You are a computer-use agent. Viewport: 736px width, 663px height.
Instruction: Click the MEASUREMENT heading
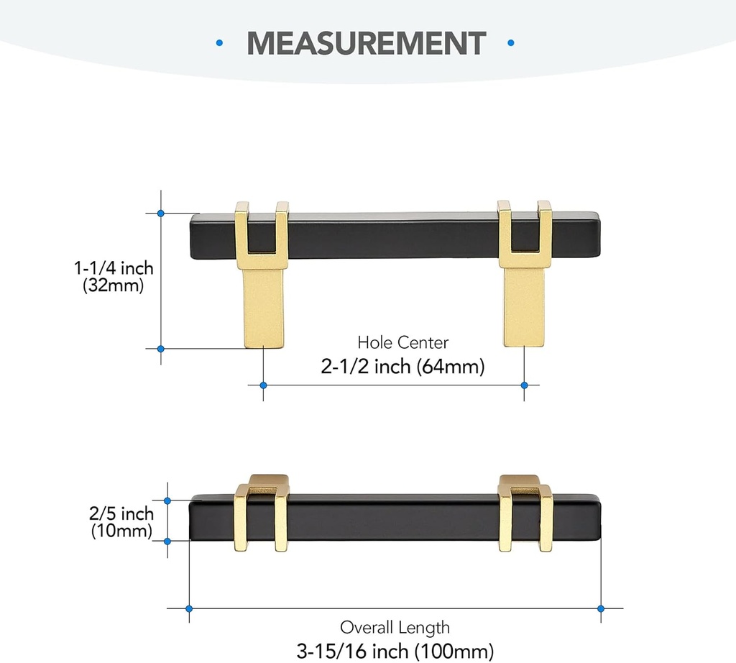[x=367, y=43]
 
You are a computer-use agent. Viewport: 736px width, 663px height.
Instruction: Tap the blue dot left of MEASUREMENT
[x=219, y=44]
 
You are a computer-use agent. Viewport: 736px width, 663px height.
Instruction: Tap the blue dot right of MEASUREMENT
[x=512, y=44]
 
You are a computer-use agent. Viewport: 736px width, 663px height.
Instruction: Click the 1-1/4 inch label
[x=114, y=268]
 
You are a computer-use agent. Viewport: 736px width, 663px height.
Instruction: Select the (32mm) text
[x=114, y=285]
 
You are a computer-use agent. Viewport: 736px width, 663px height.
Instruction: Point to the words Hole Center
[x=402, y=342]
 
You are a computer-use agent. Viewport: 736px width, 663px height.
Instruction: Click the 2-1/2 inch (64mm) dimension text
[x=402, y=367]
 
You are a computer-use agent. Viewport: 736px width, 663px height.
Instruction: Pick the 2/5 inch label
[x=121, y=513]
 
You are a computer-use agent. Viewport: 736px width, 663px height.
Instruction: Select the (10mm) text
[x=121, y=531]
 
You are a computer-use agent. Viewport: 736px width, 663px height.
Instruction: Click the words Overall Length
[x=395, y=627]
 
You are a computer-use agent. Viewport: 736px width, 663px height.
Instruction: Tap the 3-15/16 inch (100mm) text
[x=395, y=651]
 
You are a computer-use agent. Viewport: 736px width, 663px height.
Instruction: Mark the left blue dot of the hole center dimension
[x=264, y=385]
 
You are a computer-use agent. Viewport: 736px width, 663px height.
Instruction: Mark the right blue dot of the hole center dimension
[x=525, y=385]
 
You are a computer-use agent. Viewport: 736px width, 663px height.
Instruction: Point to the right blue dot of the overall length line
[x=600, y=608]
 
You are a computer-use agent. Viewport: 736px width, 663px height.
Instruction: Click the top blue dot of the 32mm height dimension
[x=161, y=213]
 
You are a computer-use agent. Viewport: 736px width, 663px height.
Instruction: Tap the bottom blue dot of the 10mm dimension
[x=167, y=540]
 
